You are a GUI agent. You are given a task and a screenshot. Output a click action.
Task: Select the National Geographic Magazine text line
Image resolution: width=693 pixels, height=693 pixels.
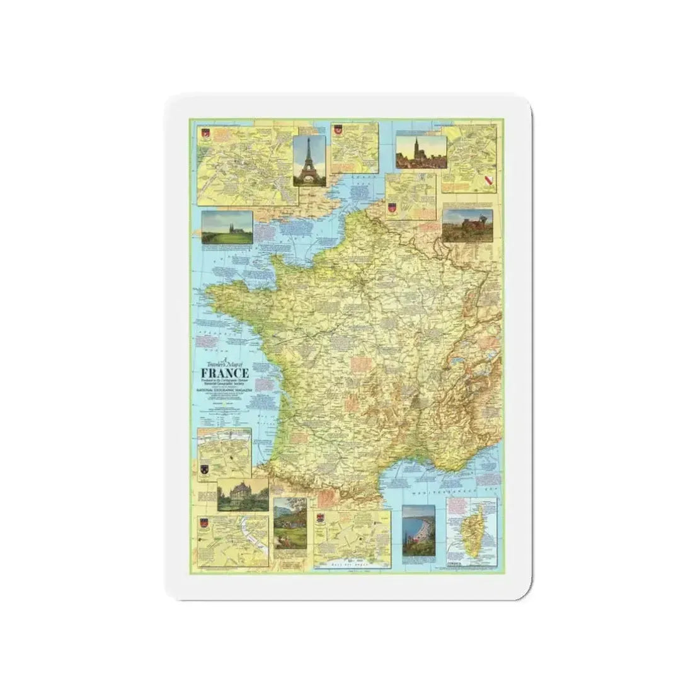tap(219, 391)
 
